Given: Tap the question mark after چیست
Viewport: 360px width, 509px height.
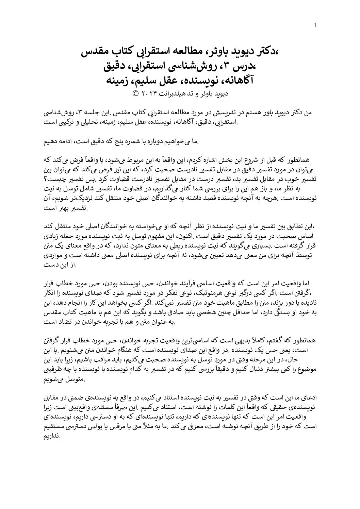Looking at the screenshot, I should [46, 179].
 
